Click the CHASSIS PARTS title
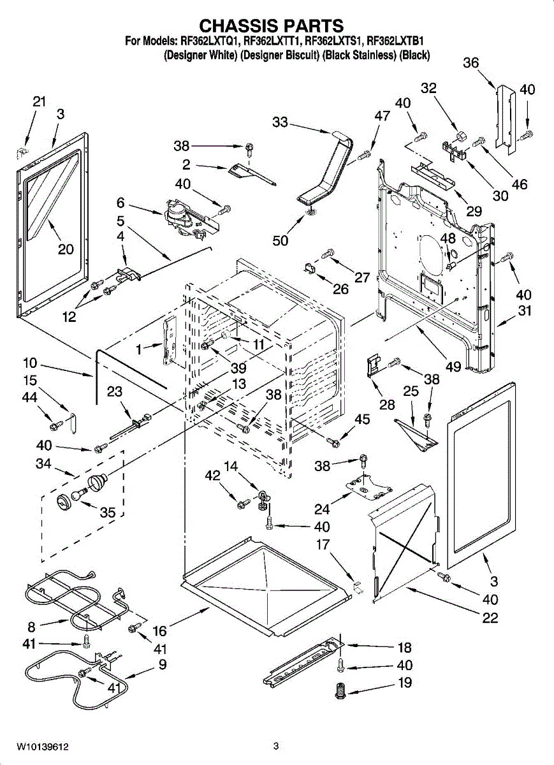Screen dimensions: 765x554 click(x=272, y=25)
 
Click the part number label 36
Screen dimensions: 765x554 click(x=470, y=62)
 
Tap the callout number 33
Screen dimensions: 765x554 click(x=281, y=122)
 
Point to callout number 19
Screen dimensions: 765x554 click(x=405, y=683)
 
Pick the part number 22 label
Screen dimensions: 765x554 click(x=490, y=617)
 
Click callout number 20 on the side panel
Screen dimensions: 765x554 click(x=66, y=249)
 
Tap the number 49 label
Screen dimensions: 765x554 click(x=453, y=367)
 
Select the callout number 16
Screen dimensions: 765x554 click(x=159, y=631)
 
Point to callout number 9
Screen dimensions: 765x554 click(x=163, y=664)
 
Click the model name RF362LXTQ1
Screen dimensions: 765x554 click(x=210, y=41)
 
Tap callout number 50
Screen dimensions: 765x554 click(x=281, y=240)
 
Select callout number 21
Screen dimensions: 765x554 click(x=40, y=101)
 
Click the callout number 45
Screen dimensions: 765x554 click(x=362, y=419)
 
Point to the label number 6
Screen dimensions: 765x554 click(x=120, y=203)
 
